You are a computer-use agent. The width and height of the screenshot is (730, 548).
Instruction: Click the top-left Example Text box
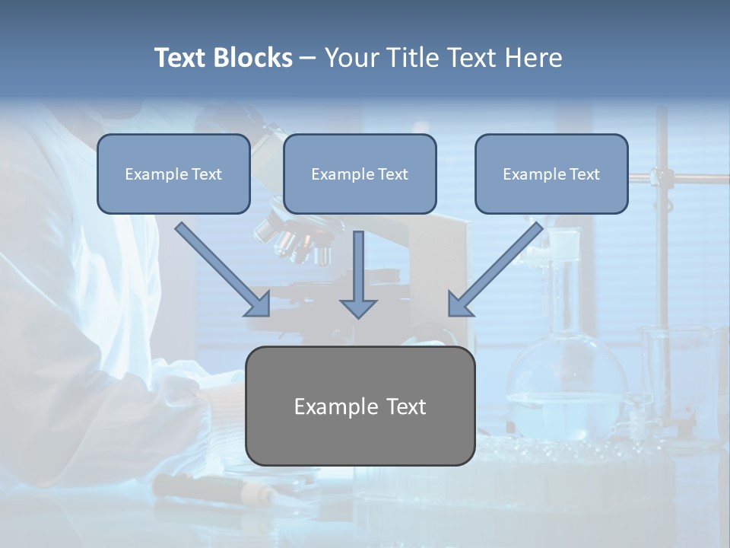pos(173,174)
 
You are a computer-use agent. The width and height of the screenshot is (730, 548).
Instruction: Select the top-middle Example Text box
pos(360,174)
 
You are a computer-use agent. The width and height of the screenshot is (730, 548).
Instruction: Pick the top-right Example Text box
pos(551,174)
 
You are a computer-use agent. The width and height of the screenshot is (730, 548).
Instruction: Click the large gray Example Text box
pos(360,406)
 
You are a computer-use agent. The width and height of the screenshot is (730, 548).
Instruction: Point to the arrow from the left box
pos(221,268)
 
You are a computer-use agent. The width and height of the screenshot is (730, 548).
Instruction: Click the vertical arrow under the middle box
pos(358,266)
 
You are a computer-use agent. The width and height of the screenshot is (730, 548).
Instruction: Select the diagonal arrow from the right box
pos(498,268)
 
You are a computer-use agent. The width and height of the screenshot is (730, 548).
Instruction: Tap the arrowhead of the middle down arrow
pos(358,307)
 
